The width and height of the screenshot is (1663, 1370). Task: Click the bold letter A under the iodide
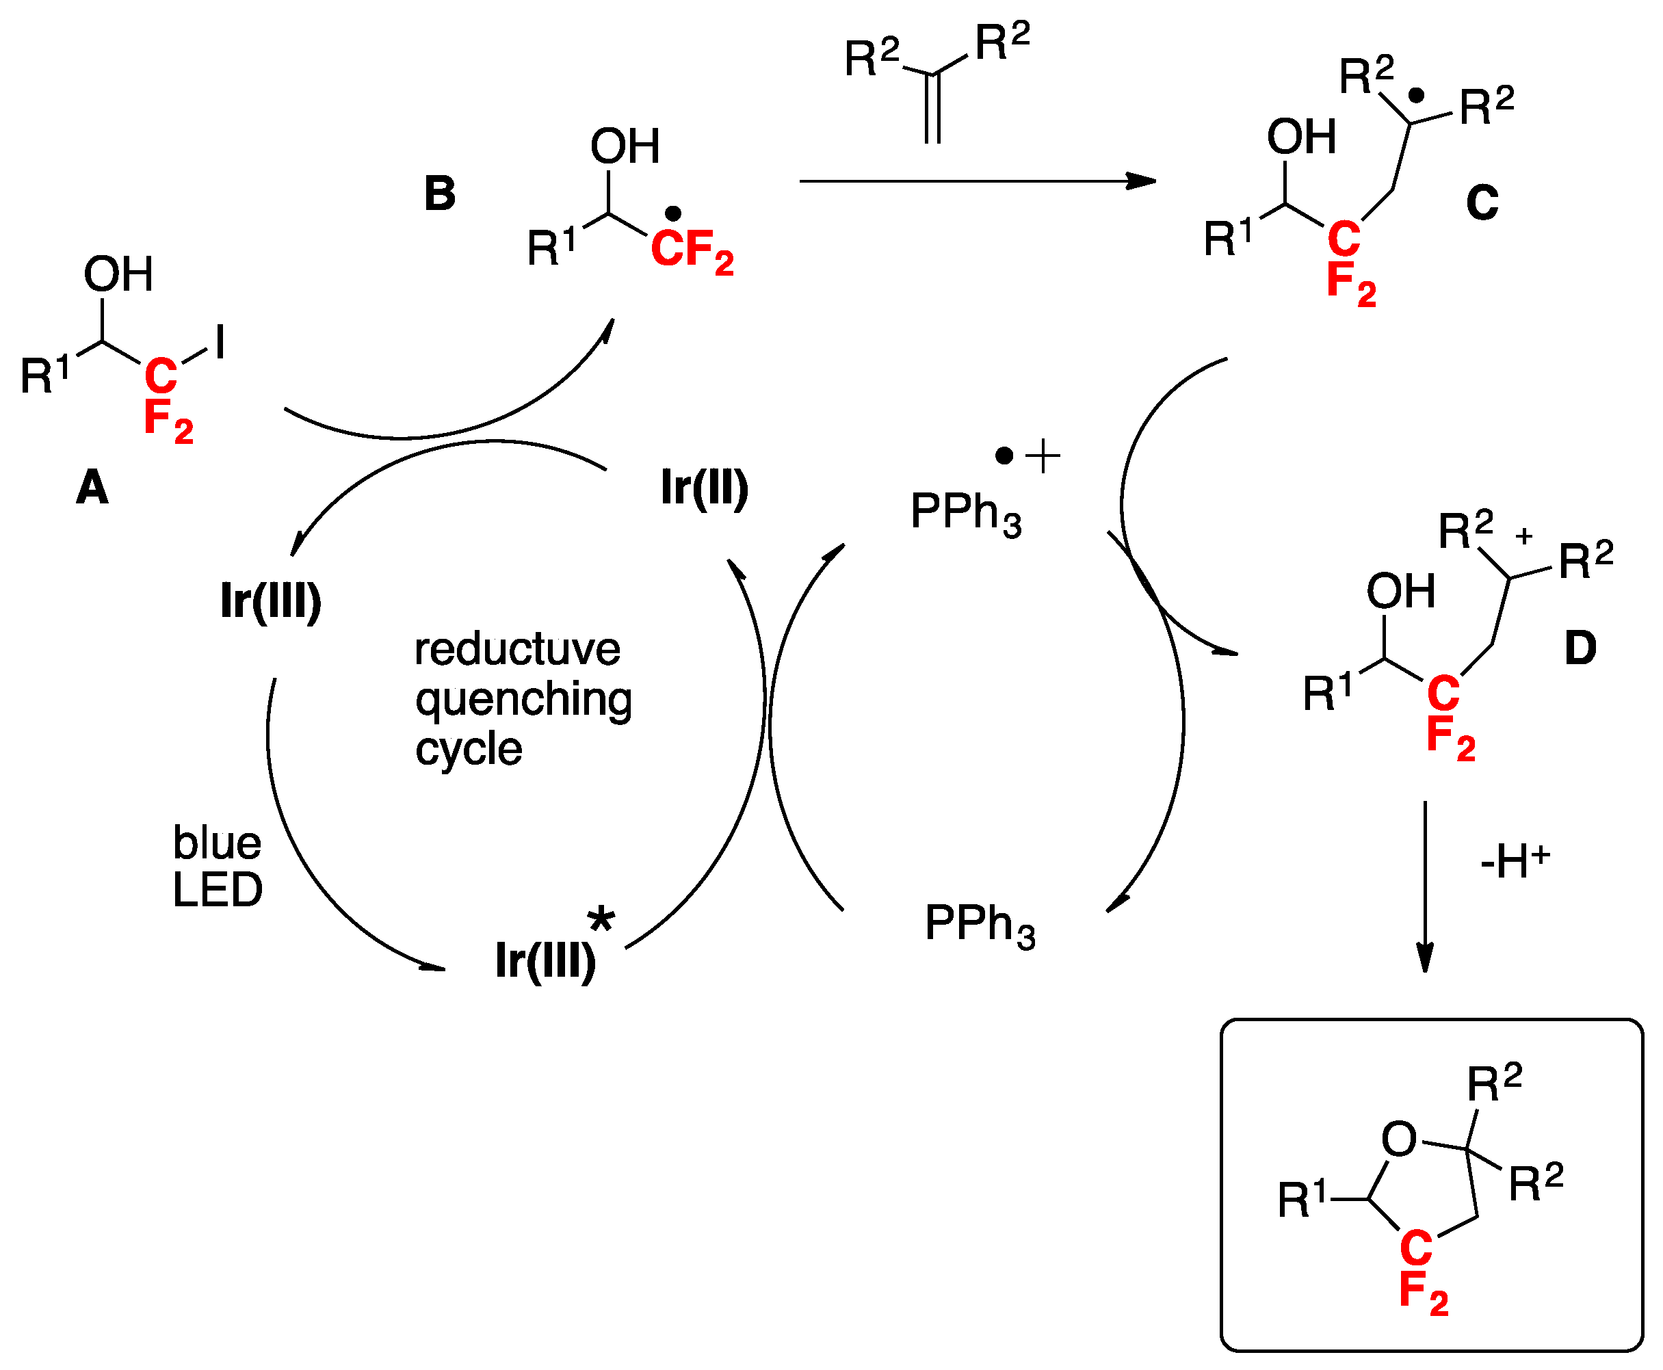click(x=92, y=487)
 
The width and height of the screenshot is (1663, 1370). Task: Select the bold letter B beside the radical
click(x=440, y=194)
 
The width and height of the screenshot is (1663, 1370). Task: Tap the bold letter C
click(x=1482, y=203)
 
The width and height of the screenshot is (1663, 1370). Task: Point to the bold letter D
click(x=1580, y=648)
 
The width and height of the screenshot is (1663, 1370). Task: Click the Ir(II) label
click(x=704, y=488)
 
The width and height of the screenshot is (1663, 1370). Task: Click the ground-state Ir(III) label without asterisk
click(x=271, y=601)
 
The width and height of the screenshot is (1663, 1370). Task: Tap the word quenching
click(x=523, y=700)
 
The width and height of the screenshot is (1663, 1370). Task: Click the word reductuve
click(x=517, y=650)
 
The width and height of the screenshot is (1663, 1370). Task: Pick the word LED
click(x=217, y=890)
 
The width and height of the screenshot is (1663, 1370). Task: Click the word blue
click(x=217, y=843)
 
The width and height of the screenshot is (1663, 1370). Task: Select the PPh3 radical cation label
click(x=966, y=512)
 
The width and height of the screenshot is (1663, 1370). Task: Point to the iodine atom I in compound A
click(x=220, y=343)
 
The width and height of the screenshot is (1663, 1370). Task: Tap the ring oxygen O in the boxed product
click(x=1400, y=1140)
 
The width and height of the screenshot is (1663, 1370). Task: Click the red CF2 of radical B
click(x=692, y=250)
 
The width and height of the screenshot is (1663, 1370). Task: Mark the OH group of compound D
click(x=1400, y=591)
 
